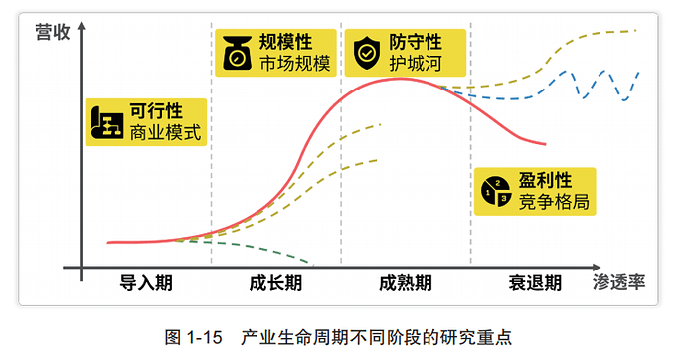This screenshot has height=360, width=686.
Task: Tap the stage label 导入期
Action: (146, 283)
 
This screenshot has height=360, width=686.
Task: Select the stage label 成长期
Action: (275, 283)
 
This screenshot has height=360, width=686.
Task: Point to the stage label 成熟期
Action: (406, 283)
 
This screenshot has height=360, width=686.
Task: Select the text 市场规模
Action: (294, 64)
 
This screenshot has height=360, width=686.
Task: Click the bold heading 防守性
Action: (416, 41)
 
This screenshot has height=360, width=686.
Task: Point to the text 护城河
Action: (416, 64)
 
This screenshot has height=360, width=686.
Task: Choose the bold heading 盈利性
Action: (545, 180)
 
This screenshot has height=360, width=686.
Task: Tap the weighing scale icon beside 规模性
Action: (237, 53)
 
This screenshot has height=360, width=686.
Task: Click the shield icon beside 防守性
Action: (367, 53)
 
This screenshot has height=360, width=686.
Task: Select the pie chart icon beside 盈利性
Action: (495, 191)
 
